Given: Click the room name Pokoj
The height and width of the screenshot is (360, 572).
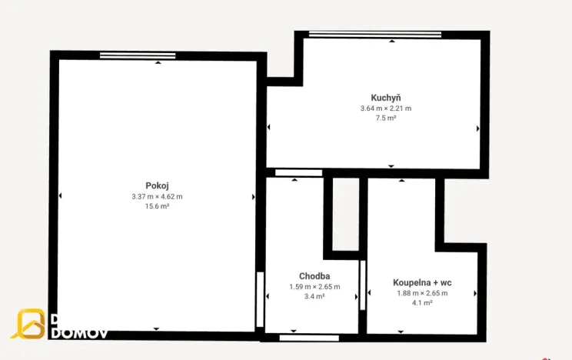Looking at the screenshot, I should click(x=157, y=185).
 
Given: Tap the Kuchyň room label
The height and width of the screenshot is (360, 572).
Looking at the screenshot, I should click(x=386, y=98).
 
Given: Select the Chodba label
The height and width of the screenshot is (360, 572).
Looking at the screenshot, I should click(x=314, y=275).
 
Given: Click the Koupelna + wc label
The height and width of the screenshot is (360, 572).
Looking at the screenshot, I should click(x=422, y=282).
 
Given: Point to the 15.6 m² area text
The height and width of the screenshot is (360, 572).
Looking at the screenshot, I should click(x=157, y=207).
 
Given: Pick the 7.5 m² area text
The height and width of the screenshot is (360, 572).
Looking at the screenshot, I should click(x=386, y=118).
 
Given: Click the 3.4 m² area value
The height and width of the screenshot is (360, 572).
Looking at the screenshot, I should click(x=314, y=296).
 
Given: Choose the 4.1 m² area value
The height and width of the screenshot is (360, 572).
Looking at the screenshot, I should click(x=422, y=303).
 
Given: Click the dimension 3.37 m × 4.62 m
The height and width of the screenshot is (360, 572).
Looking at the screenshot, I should click(x=157, y=196).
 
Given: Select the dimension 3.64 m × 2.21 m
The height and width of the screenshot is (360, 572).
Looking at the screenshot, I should click(x=386, y=108).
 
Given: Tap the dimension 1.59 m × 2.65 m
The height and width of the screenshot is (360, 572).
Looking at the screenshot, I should click(x=314, y=286).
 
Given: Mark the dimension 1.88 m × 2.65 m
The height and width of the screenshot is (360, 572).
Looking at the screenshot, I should click(x=422, y=292).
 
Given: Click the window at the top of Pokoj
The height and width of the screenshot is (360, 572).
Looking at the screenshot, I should click(x=138, y=55).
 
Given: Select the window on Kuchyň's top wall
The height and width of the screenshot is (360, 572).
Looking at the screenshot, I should click(x=375, y=34).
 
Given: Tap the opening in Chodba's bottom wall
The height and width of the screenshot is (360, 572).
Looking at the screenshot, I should click(x=309, y=337).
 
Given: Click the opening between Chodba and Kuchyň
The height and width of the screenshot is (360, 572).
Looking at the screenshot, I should click(x=298, y=172).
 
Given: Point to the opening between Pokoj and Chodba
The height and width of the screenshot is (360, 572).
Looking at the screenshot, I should click(x=261, y=290).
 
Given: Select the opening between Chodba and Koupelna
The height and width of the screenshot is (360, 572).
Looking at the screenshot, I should click(x=363, y=285).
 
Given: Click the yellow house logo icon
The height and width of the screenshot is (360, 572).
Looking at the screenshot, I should click(x=31, y=324).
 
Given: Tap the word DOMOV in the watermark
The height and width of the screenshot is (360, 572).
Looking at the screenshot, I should click(x=79, y=333).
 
